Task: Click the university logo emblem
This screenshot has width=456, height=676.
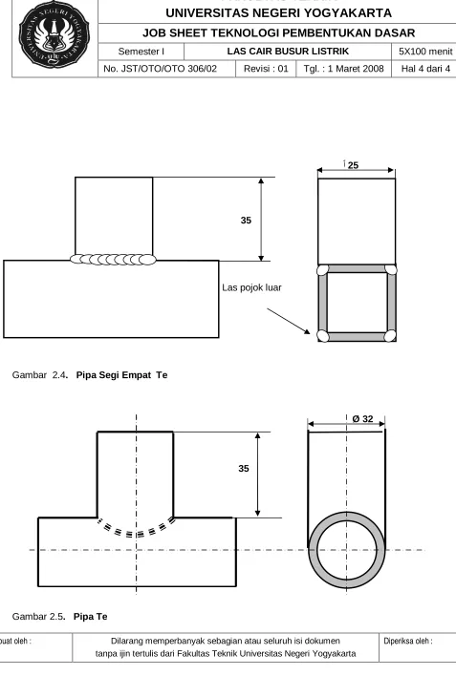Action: (54, 34)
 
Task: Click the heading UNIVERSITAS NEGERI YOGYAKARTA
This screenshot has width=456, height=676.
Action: (278, 13)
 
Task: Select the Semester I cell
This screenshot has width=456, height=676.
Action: (141, 52)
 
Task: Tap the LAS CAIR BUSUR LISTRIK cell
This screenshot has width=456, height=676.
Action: (288, 52)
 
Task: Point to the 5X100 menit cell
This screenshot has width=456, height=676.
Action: (425, 52)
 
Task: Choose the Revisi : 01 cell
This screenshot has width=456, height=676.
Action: (266, 69)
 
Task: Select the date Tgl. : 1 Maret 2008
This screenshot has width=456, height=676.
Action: (344, 69)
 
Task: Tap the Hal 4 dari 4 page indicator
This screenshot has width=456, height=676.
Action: (425, 69)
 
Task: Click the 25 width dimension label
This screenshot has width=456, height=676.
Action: (353, 165)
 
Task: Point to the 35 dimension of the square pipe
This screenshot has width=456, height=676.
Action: (246, 221)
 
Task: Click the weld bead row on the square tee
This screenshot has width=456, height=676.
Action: (113, 260)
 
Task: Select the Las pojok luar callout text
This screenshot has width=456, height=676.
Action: (251, 287)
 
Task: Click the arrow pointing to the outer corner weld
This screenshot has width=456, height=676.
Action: (289, 321)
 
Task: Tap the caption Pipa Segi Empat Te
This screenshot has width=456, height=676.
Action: (121, 375)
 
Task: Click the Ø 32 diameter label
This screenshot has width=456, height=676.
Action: (362, 419)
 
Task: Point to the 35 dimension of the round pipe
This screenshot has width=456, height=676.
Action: (244, 469)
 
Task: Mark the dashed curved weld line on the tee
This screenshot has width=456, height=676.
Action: (137, 535)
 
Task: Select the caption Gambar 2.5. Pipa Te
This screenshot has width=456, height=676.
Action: (59, 617)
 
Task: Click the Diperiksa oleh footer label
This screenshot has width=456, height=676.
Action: (408, 641)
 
